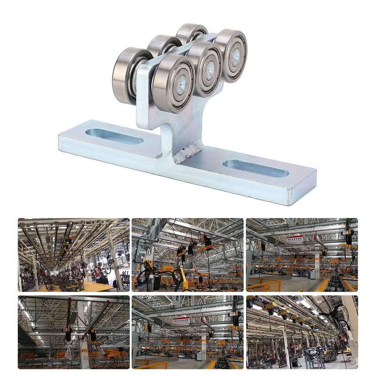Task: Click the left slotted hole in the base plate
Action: (114, 136)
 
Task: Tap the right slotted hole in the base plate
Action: (255, 168)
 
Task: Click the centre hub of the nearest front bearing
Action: (180, 84)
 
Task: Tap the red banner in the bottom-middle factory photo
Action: (182, 320)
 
